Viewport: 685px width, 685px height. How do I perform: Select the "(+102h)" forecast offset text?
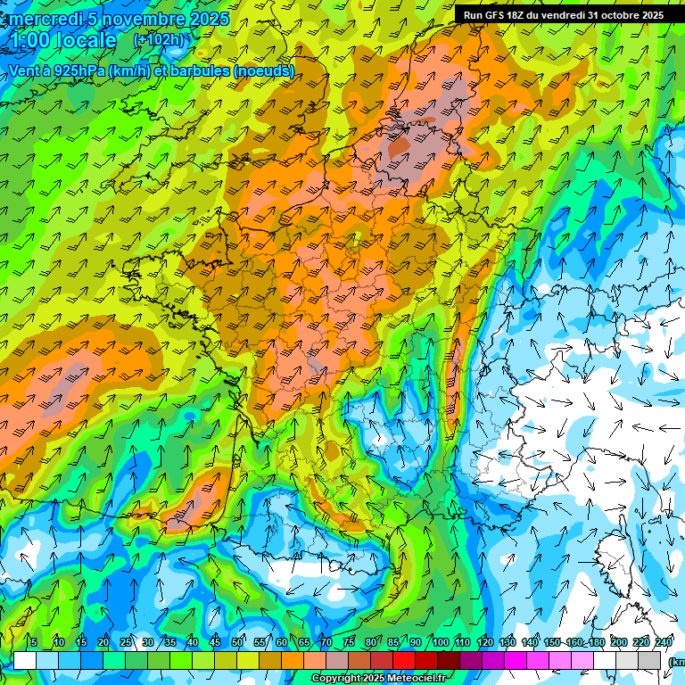pos(158,39)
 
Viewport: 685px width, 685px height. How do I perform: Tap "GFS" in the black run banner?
pos(499,15)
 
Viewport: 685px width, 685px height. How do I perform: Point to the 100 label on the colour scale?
pos(440,642)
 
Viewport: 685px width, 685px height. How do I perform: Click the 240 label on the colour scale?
pos(663,642)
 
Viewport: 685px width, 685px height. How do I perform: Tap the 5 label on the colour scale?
pos(34,642)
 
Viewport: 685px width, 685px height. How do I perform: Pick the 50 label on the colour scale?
pos(237,642)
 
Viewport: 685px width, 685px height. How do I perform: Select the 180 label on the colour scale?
pos(596,642)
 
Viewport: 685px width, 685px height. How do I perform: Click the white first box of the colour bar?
pos(25,660)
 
